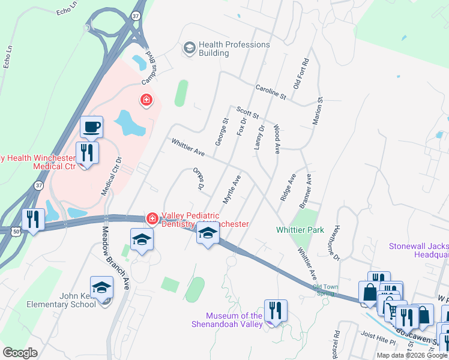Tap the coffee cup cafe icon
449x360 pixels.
(x=92, y=127)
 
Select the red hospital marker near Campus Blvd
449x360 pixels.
(x=145, y=100)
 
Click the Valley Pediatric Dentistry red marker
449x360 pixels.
(x=153, y=218)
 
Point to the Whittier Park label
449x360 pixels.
(x=300, y=230)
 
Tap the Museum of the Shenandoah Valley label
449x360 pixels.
(x=234, y=320)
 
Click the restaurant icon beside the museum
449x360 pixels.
(x=276, y=310)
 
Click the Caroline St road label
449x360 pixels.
(x=271, y=91)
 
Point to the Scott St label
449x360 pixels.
(x=247, y=113)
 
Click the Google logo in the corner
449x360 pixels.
(x=20, y=352)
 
